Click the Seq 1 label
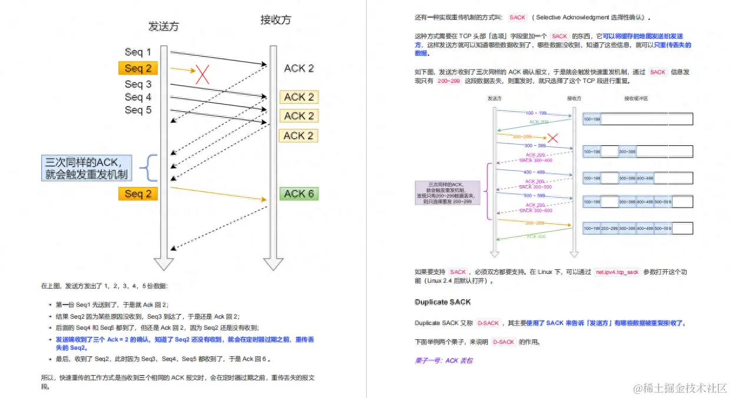click(x=138, y=52)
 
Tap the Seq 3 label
click(x=138, y=85)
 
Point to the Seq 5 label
click(x=138, y=110)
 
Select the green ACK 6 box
click(x=298, y=193)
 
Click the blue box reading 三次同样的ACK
click(x=87, y=168)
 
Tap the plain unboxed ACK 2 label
click(x=298, y=69)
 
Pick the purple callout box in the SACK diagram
click(x=447, y=193)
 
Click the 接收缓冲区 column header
click(x=636, y=99)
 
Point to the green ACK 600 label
click(x=536, y=236)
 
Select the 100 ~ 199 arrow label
click(x=536, y=112)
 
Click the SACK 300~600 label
click(x=535, y=210)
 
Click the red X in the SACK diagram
click(x=553, y=138)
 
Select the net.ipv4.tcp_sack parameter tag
click(x=617, y=272)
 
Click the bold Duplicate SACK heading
click(x=443, y=302)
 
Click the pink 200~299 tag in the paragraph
click(x=448, y=81)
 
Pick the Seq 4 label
click(x=138, y=97)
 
